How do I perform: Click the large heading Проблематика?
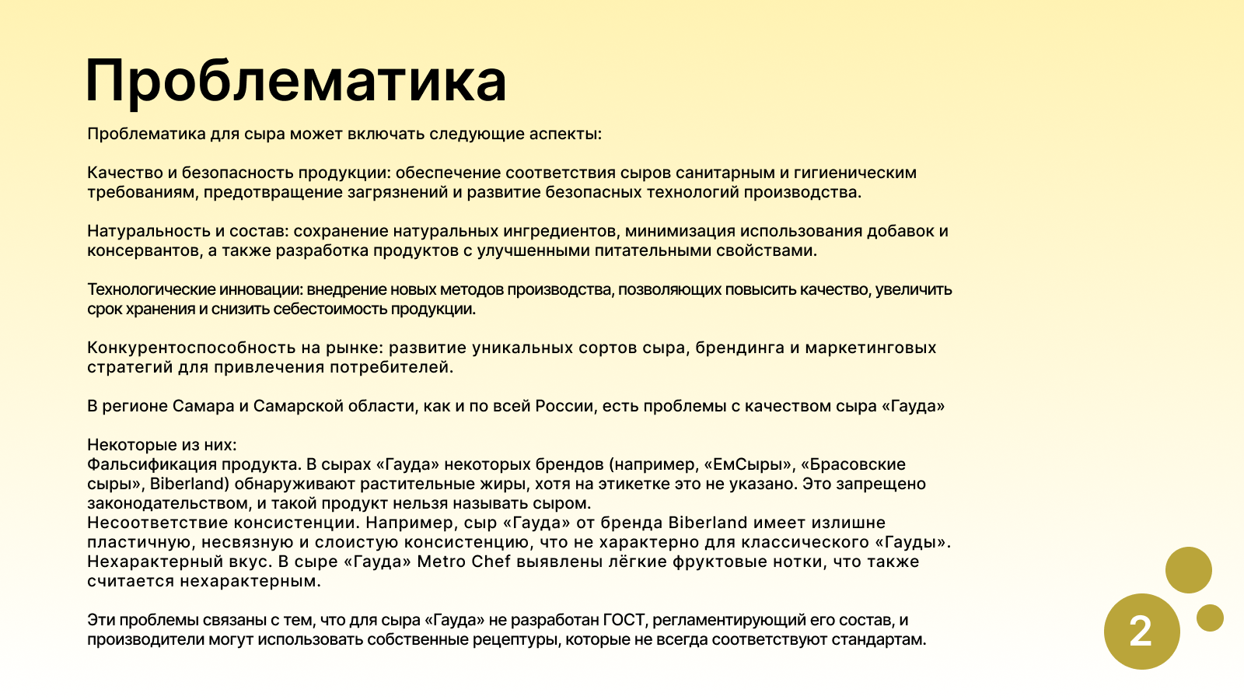(296, 82)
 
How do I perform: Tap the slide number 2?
(1141, 632)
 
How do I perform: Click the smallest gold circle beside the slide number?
(1210, 618)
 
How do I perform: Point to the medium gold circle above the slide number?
(1189, 570)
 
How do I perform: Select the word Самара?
(203, 406)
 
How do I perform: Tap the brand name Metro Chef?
(463, 562)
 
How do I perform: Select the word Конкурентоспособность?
(191, 348)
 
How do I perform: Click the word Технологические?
(151, 290)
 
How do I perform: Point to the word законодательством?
(169, 503)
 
